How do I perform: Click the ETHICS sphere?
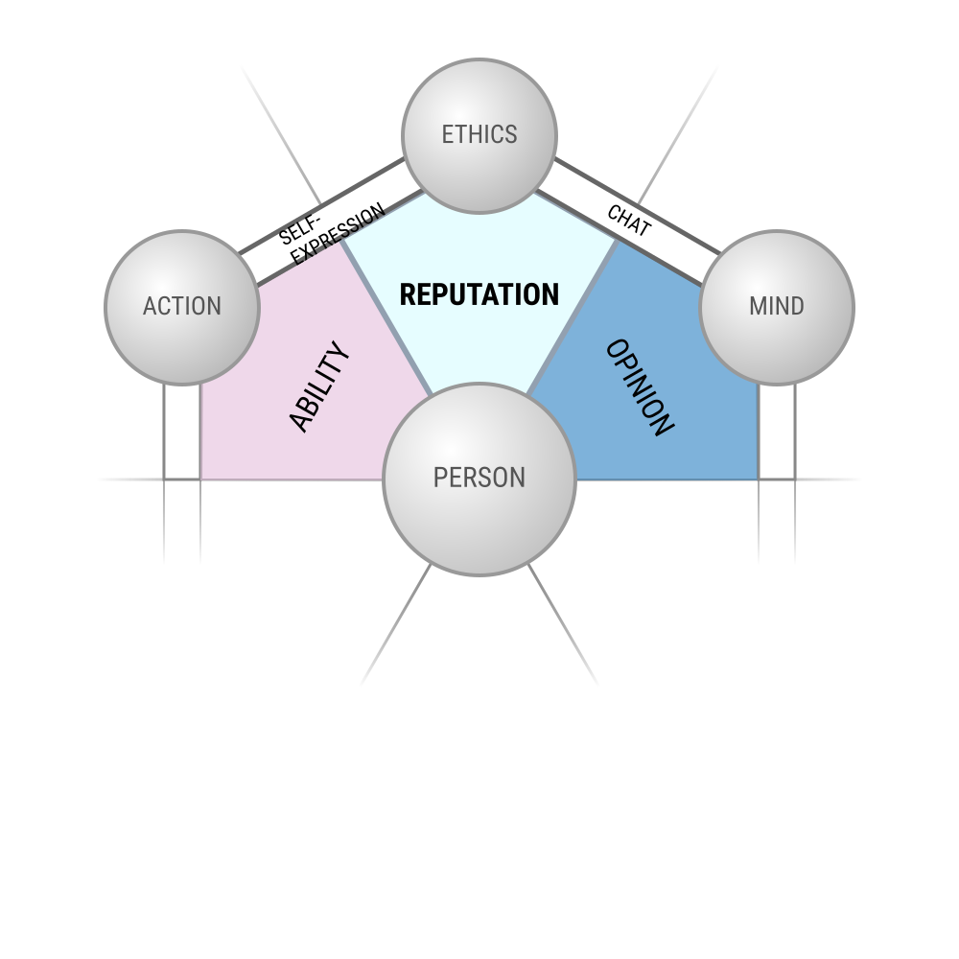[479, 136]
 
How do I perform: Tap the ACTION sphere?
[182, 308]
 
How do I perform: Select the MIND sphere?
[777, 308]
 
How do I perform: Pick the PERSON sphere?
[479, 479]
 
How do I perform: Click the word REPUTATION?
[479, 294]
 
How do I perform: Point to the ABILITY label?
[319, 386]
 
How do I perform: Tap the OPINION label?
[640, 387]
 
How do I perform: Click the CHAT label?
[629, 221]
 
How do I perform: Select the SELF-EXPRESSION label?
[331, 233]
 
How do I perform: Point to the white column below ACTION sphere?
[182, 432]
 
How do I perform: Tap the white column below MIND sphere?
[777, 432]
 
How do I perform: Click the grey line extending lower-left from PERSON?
[396, 625]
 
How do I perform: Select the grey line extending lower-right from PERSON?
[563, 625]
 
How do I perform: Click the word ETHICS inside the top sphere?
[479, 134]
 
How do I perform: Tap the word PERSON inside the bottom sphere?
[479, 478]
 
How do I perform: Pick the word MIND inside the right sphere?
[777, 306]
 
